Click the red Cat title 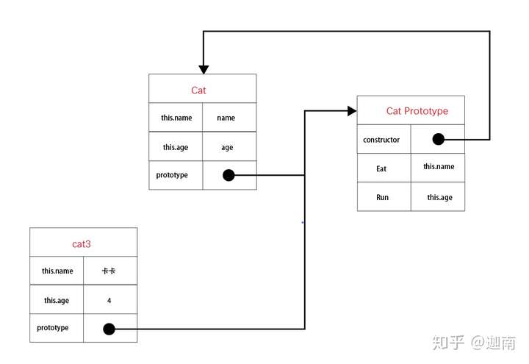[x=198, y=90]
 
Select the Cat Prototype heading [x=417, y=111]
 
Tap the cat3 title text [x=82, y=244]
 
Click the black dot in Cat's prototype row [x=228, y=175]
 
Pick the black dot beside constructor [x=438, y=139]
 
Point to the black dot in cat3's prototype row [x=109, y=329]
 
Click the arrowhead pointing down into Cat [x=204, y=70]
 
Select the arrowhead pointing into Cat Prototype [x=352, y=111]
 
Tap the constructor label [x=381, y=140]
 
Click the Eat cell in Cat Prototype [x=381, y=169]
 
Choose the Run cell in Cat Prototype [x=382, y=197]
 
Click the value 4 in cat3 [x=109, y=300]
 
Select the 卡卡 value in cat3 [x=109, y=271]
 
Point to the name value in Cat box [x=226, y=118]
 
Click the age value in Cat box [x=227, y=148]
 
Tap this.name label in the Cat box [x=176, y=118]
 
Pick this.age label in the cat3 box [x=57, y=301]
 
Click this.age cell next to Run [x=439, y=197]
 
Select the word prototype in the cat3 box [x=53, y=327]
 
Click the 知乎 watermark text [x=448, y=343]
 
